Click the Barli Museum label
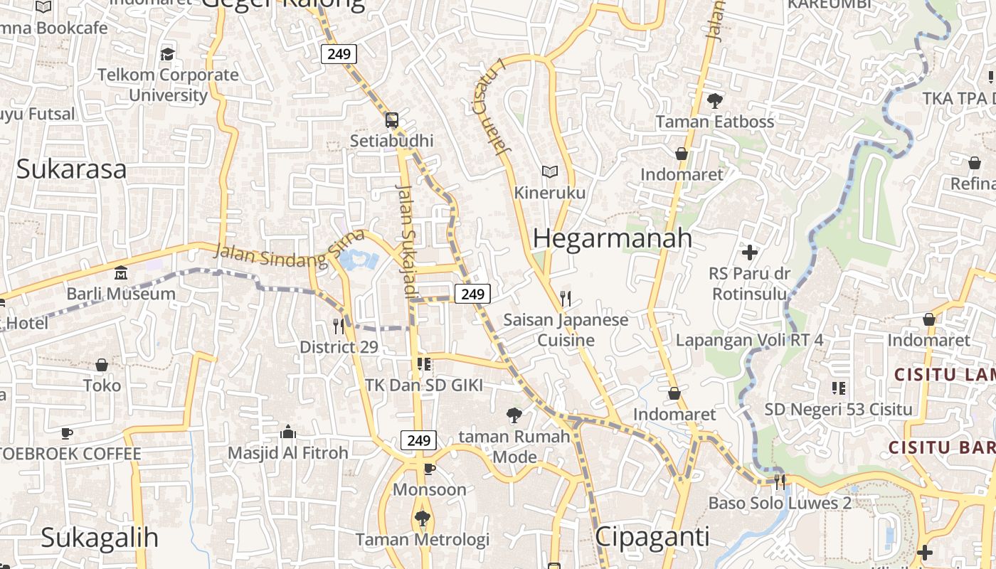click(x=121, y=294)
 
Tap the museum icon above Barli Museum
click(x=121, y=272)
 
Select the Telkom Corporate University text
click(x=168, y=85)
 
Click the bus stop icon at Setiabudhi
click(x=391, y=119)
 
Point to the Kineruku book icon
click(x=549, y=171)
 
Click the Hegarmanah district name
click(x=612, y=238)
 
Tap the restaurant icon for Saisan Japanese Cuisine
click(x=566, y=298)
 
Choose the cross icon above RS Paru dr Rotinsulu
click(x=749, y=252)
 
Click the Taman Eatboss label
click(x=714, y=122)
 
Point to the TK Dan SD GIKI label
click(x=424, y=385)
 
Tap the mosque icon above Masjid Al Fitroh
click(x=288, y=432)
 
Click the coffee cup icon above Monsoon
click(x=429, y=469)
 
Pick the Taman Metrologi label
click(x=423, y=540)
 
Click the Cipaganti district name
click(x=652, y=536)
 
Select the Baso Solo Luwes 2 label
click(x=779, y=504)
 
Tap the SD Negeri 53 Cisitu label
click(x=838, y=409)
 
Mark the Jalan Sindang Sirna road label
click(x=288, y=249)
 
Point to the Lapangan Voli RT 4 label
click(x=749, y=340)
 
